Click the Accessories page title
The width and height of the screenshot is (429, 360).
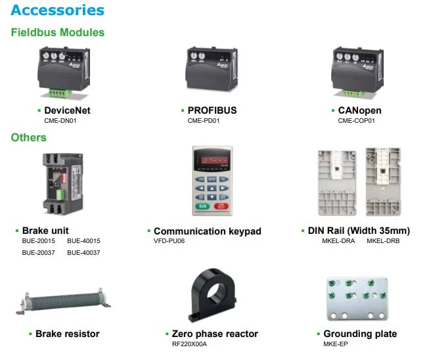pos(58,11)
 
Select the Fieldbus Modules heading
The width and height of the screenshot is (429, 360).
pos(57,32)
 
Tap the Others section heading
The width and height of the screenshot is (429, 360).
pos(28,137)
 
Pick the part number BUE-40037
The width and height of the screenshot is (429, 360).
pos(83,253)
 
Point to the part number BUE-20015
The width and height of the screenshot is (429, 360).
pos(39,241)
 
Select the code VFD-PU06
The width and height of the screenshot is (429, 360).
pos(169,241)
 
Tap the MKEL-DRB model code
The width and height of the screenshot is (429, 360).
pos(383,241)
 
